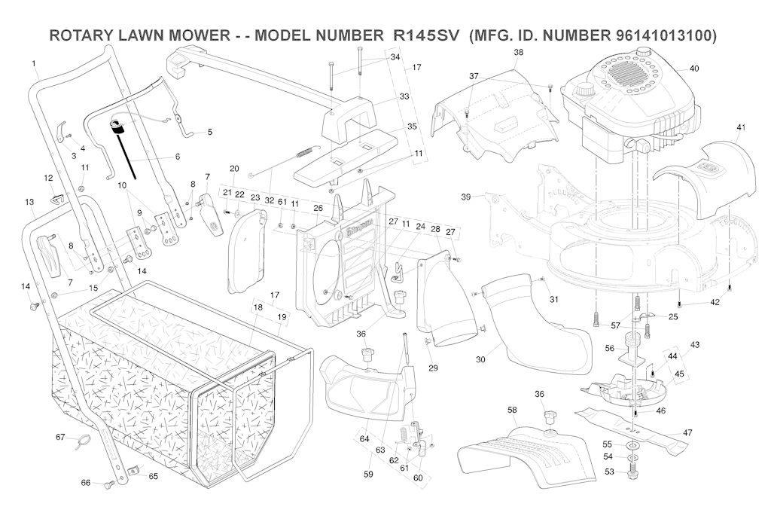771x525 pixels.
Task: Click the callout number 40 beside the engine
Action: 693,69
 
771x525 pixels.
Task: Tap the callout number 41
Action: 741,127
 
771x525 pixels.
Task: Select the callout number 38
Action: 518,52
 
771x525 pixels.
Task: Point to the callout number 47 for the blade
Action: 687,432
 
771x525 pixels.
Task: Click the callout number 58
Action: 512,410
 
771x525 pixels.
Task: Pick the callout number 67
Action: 61,437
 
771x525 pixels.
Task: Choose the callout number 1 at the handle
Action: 34,63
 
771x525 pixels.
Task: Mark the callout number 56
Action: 610,348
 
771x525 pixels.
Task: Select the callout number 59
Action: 368,474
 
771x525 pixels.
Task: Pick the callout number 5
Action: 209,132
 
